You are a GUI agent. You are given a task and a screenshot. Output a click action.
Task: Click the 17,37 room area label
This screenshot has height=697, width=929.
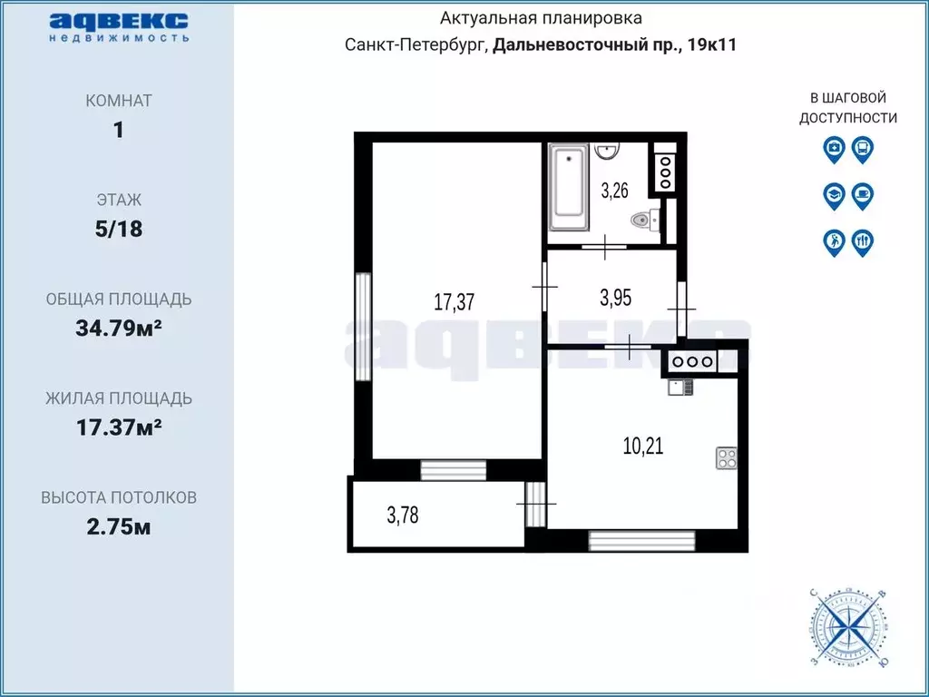click(x=455, y=302)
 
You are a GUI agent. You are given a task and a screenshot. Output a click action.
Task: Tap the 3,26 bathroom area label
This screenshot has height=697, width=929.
click(x=614, y=191)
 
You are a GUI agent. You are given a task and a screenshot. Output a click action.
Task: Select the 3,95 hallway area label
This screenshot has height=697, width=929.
click(x=616, y=298)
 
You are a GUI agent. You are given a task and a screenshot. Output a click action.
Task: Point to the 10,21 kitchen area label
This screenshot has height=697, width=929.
click(x=643, y=445)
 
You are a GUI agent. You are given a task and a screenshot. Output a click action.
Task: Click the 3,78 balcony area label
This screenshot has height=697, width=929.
click(x=403, y=515)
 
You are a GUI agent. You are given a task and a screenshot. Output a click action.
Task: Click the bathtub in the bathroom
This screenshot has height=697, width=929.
click(x=569, y=187)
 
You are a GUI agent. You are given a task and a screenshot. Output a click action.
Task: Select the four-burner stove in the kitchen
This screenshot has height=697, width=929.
click(x=727, y=457)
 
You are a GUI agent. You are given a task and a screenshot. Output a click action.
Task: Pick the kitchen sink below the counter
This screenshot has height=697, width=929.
click(x=680, y=388)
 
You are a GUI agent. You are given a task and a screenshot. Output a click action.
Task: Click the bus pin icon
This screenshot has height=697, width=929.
click(x=862, y=149)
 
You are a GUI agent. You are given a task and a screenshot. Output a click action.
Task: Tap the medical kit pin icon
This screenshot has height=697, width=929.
click(x=834, y=149)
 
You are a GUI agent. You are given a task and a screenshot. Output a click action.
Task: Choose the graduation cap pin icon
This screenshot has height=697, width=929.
click(x=834, y=196)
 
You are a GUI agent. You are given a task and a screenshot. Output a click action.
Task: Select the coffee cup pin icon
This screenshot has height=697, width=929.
click(x=862, y=196)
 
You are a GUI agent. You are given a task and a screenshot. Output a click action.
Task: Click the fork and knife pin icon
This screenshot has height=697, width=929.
click(x=862, y=242)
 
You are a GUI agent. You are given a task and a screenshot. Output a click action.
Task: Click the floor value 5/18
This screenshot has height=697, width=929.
click(x=119, y=229)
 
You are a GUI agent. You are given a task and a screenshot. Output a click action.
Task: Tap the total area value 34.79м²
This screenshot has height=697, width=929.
click(x=119, y=328)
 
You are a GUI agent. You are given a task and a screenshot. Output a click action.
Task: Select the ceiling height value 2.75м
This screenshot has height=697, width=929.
click(x=119, y=526)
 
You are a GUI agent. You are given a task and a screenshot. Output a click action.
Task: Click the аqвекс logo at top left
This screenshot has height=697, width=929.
click(x=119, y=26)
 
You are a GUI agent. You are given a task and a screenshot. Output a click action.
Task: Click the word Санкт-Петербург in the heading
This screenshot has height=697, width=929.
click(x=416, y=45)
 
